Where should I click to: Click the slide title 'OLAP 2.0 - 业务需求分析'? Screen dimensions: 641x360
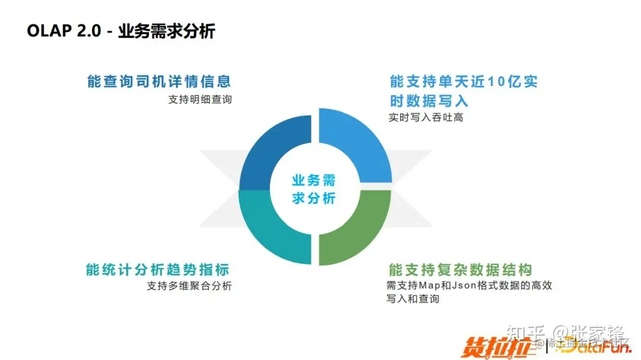[x=120, y=31]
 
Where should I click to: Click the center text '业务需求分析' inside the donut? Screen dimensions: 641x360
[x=314, y=189]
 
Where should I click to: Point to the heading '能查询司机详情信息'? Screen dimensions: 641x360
[x=158, y=81]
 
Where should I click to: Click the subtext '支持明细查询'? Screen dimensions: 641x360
[x=200, y=100]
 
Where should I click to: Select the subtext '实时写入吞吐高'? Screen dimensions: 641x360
[x=426, y=117]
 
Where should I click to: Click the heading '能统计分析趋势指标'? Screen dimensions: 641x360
[x=158, y=269]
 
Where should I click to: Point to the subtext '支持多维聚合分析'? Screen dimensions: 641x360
[x=189, y=286]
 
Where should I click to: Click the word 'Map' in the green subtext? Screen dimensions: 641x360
[x=430, y=286]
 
